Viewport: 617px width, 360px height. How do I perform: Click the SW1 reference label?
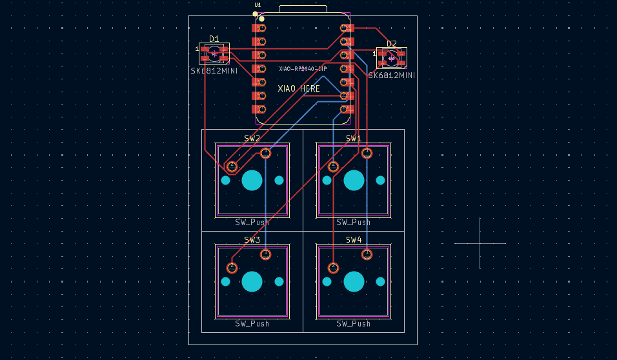click(354, 139)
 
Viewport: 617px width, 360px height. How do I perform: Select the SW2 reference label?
click(252, 139)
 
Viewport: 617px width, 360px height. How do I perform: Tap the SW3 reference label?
click(252, 240)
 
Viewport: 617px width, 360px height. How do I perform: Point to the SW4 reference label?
click(354, 240)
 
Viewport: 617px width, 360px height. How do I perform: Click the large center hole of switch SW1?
click(354, 180)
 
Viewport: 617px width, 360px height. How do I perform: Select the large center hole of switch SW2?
click(252, 180)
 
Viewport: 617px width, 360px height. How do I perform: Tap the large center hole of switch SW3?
click(252, 281)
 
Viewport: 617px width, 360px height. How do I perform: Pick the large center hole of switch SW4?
click(354, 281)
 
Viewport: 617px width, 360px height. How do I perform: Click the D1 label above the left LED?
click(214, 39)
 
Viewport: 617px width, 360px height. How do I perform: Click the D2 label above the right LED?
click(392, 44)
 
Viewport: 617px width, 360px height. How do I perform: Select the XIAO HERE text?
click(299, 88)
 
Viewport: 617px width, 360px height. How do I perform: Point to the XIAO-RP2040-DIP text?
click(303, 69)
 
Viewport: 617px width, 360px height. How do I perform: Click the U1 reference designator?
click(258, 5)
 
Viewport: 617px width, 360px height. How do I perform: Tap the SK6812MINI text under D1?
click(214, 70)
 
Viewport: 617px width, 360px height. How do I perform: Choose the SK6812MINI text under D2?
click(392, 75)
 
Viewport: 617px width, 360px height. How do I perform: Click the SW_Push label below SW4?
click(354, 324)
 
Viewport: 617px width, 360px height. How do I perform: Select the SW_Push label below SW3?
click(252, 324)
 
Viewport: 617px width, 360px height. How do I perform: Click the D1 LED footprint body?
click(214, 54)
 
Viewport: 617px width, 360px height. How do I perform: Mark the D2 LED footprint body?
click(392, 58)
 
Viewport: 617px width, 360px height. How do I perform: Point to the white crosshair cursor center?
click(480, 243)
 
